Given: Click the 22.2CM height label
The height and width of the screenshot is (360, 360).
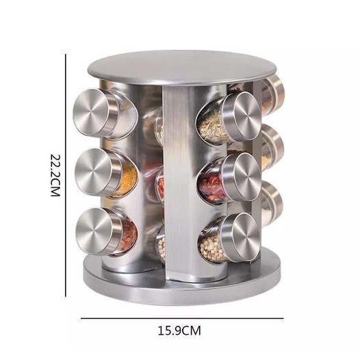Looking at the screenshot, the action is [x=55, y=175].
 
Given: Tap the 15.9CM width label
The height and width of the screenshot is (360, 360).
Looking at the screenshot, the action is [x=179, y=331].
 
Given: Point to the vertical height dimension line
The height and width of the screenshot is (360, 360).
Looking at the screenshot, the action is [x=66, y=176].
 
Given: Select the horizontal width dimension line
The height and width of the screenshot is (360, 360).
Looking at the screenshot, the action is [x=182, y=318].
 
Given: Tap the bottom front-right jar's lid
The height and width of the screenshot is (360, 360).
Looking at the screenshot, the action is [x=241, y=237].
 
